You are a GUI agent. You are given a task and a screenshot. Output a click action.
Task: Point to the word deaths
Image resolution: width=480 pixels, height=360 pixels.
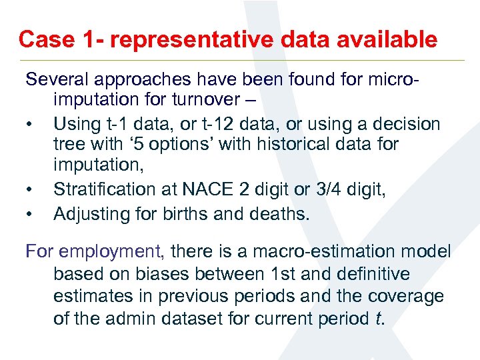(285, 213)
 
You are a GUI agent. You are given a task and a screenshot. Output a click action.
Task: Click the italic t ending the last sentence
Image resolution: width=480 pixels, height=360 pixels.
(379, 319)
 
